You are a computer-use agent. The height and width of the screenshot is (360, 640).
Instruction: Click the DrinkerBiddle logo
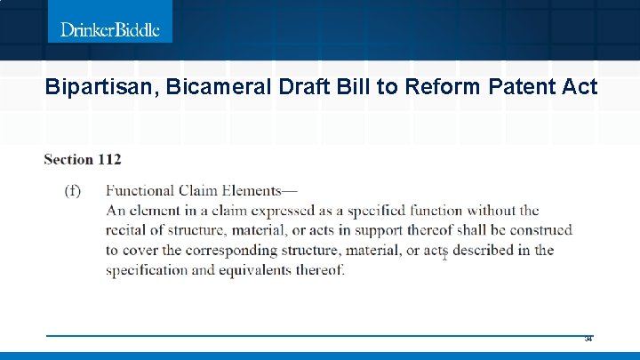point(109,29)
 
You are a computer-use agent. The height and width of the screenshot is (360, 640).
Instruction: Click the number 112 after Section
point(110,160)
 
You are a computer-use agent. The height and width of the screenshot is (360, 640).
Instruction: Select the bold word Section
point(68,160)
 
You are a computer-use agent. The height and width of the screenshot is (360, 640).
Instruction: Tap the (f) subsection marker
point(75,190)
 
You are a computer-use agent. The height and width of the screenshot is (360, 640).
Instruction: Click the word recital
point(128,230)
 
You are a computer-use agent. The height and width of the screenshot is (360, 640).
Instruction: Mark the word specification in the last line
point(147,269)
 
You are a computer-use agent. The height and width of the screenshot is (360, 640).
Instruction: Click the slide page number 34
point(588,339)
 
